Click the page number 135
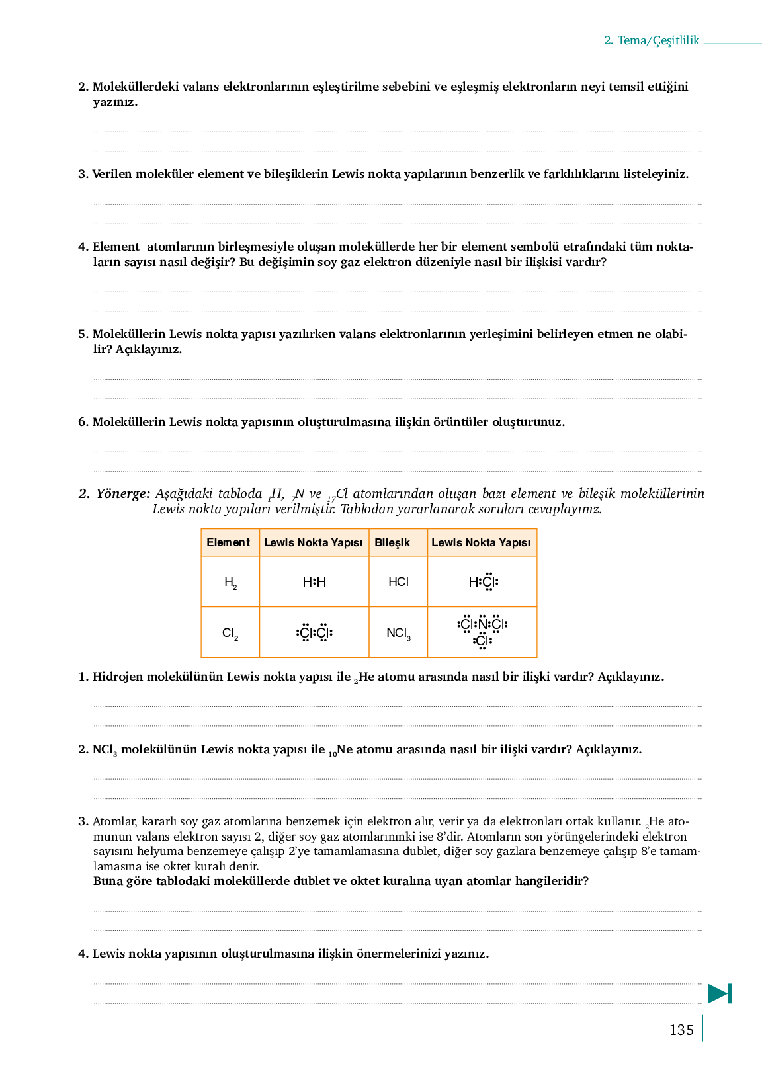point(681,1030)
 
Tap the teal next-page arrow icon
point(720,993)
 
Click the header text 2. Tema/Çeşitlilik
point(652,40)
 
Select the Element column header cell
point(229,542)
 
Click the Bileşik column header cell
point(398,542)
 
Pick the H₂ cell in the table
point(230,582)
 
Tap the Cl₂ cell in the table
point(230,633)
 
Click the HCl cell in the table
point(398,582)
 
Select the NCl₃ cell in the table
point(398,633)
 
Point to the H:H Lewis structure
point(314,582)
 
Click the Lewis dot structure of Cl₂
point(314,633)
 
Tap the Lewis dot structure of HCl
point(483,582)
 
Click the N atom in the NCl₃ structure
point(482,624)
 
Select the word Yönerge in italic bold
point(122,494)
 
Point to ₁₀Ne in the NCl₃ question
point(340,750)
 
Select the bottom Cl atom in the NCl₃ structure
point(482,640)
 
